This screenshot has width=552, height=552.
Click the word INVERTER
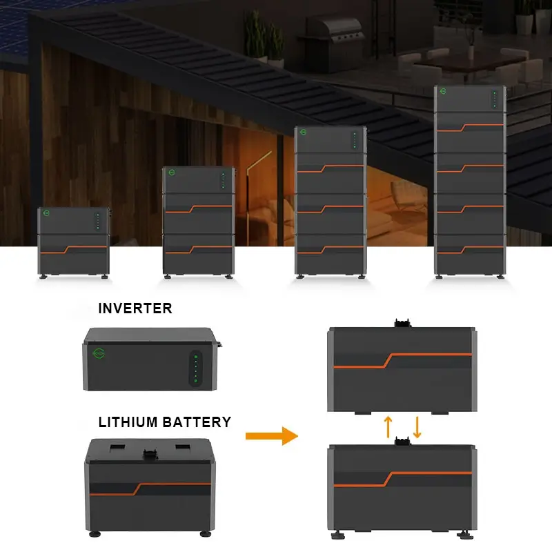tap(135, 308)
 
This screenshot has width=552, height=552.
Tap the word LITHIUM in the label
tap(128, 422)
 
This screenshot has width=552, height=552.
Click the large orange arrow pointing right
tap(272, 436)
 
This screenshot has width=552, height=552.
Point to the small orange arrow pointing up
tap(388, 427)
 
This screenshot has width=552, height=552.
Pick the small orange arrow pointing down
tap(417, 427)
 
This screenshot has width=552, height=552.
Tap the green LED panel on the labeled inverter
tap(196, 368)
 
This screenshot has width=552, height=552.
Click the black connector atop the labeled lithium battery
tap(150, 454)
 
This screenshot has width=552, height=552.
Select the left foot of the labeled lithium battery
tap(95, 534)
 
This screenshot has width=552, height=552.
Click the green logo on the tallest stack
tap(443, 91)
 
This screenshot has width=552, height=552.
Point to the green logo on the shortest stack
tap(46, 213)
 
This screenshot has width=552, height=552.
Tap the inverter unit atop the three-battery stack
tap(331, 140)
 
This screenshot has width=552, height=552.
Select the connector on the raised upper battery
tap(403, 322)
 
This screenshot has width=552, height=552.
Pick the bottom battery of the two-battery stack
tap(199, 254)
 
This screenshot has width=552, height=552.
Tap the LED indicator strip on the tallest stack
tap(495, 99)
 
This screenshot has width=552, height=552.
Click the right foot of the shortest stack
tap(105, 277)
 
